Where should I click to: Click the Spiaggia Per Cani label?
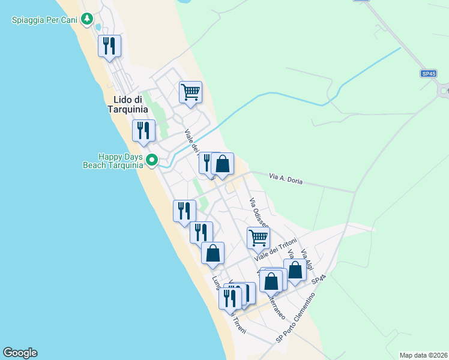click(x=45, y=20)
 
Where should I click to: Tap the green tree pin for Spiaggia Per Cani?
click(x=88, y=19)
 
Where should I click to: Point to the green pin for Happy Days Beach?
click(x=152, y=160)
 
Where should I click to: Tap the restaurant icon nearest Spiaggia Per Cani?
click(x=109, y=46)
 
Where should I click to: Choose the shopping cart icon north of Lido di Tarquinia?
click(x=190, y=92)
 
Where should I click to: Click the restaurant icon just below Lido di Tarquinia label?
click(x=143, y=130)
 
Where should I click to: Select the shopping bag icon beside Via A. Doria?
click(x=222, y=163)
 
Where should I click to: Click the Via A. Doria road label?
click(x=285, y=178)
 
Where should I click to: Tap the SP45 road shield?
click(x=428, y=73)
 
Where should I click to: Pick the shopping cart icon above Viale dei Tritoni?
click(x=258, y=237)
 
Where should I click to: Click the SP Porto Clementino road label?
click(x=295, y=318)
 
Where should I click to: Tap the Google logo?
click(x=20, y=353)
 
